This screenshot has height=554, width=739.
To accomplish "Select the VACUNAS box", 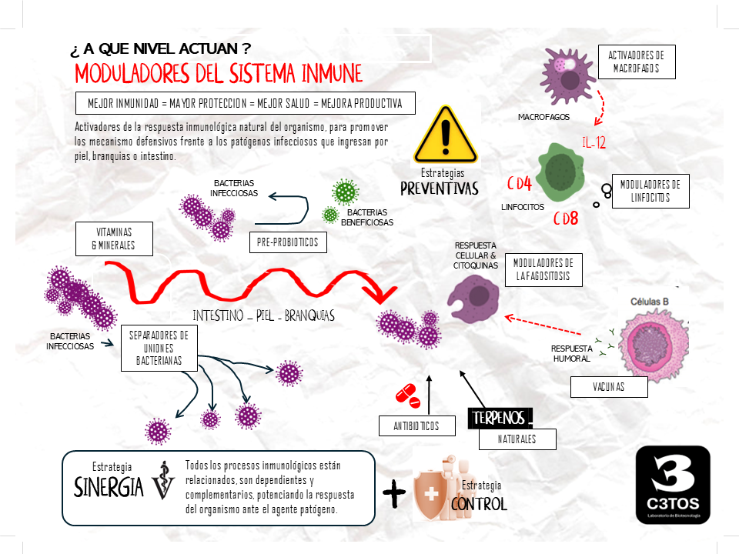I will pyautogui.click(x=609, y=387).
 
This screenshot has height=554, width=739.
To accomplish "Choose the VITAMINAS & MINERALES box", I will pyautogui.click(x=115, y=239).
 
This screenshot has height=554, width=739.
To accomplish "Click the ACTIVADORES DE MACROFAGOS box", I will pyautogui.click(x=636, y=62).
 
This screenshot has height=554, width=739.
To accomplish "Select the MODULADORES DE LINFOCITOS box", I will pyautogui.click(x=650, y=191).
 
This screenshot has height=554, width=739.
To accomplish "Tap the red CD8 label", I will pyautogui.click(x=566, y=218).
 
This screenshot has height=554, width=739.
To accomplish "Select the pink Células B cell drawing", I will pyautogui.click(x=650, y=340).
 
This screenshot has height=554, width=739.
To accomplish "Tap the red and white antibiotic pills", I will pyautogui.click(x=408, y=396).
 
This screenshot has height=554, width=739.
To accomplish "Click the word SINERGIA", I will pyautogui.click(x=109, y=487).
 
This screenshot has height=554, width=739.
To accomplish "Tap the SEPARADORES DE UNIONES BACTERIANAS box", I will pyautogui.click(x=159, y=348).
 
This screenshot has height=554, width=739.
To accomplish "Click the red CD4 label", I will pyautogui.click(x=520, y=184).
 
